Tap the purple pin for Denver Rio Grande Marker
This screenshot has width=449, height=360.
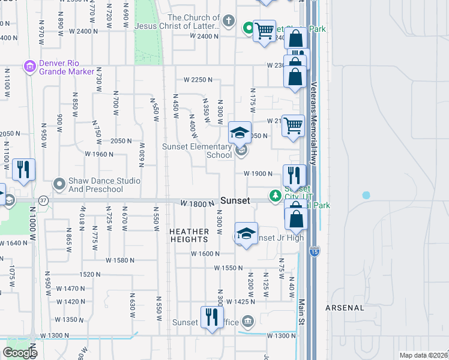tap(28, 67)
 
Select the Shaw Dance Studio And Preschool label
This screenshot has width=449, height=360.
tap(96, 185)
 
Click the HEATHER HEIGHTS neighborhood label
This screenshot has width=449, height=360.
tap(189, 236)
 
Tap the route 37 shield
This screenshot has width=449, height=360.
tap(43, 199)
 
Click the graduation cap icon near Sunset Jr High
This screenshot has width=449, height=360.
tap(246, 234)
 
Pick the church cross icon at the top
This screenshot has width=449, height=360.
tap(228, 22)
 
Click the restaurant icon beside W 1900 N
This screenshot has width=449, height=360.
tap(294, 175)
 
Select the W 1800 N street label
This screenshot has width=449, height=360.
tap(197, 204)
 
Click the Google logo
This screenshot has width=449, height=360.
tap(19, 353)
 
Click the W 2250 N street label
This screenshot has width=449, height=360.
tap(199, 80)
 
